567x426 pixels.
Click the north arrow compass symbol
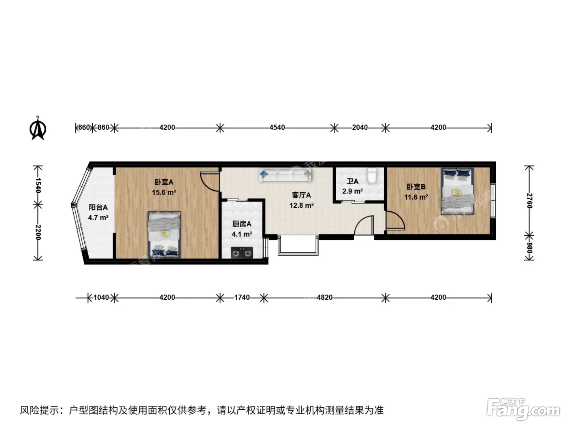[38, 128]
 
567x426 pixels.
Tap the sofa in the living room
[285, 175]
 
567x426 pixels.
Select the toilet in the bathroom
[372, 176]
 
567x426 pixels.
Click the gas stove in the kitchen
[242, 253]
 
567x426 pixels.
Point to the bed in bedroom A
[164, 235]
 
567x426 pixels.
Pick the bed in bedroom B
[458, 191]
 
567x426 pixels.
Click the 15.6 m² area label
[164, 192]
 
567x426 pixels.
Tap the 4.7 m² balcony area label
[98, 218]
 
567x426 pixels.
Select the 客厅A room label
[301, 195]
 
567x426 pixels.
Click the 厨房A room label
[242, 224]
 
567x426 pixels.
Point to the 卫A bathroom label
[352, 182]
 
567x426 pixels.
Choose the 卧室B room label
[416, 187]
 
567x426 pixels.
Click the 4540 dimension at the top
[277, 127]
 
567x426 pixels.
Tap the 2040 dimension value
[360, 127]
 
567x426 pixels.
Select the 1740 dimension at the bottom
[242, 297]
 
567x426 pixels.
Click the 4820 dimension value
[325, 297]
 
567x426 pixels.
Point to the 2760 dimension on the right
[529, 201]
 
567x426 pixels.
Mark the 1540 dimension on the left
[38, 185]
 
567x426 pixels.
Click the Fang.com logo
[523, 409]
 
